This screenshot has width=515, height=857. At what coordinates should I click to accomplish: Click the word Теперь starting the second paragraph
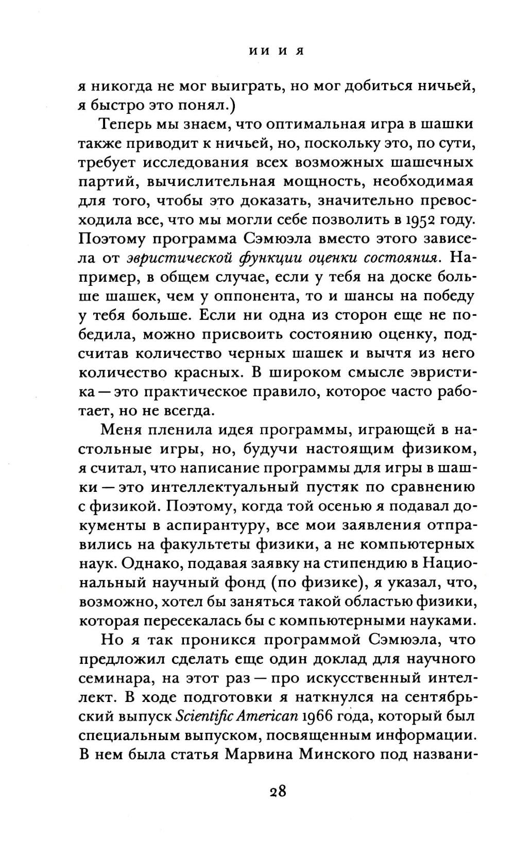[x=128, y=124]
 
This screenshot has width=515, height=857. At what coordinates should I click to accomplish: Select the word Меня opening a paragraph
[x=124, y=429]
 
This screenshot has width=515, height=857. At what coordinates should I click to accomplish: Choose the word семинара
[x=114, y=678]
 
